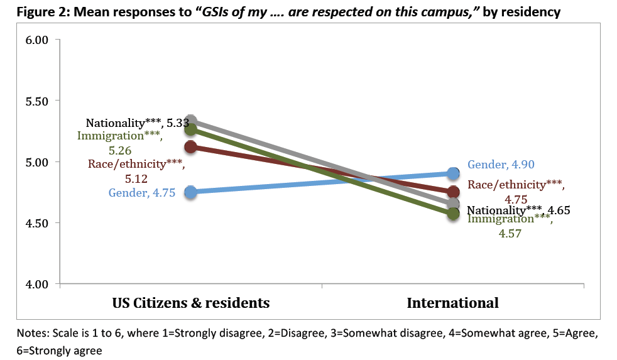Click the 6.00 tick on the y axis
(36, 40)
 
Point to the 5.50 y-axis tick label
(36, 101)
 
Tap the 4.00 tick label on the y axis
(36, 284)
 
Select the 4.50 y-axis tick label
(36, 223)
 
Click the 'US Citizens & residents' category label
(191, 303)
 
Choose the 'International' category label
(452, 303)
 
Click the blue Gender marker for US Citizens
(190, 192)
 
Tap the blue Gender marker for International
(453, 173)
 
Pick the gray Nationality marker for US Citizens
(190, 121)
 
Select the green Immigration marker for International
(453, 214)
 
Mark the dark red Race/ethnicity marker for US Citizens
(190, 147)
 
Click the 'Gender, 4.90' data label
(501, 165)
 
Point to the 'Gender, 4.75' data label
(142, 193)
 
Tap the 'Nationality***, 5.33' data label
(137, 123)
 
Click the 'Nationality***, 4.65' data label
(519, 210)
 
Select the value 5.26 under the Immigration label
(119, 151)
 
